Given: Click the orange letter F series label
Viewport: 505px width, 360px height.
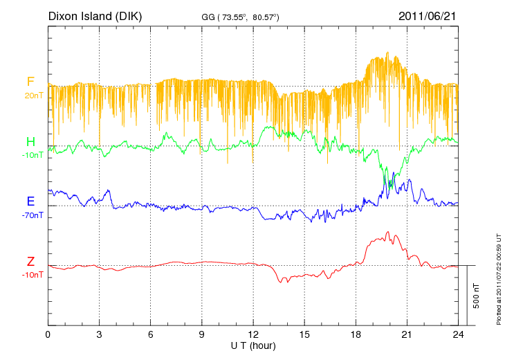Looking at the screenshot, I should pos(30,82).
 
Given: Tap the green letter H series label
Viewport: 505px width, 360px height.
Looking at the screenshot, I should pos(30,142).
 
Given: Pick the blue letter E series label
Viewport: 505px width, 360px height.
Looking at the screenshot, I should pos(30,201).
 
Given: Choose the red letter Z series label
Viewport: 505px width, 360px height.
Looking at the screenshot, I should pos(30,261).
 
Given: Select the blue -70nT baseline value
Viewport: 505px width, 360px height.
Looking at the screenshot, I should pos(33,215).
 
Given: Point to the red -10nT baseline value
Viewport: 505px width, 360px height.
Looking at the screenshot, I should pos(33,275).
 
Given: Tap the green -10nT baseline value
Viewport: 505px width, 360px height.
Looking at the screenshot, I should pos(33,156).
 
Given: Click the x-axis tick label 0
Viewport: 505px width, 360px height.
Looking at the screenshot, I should pos(48,335).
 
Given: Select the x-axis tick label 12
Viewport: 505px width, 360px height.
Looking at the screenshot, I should pos(253,335).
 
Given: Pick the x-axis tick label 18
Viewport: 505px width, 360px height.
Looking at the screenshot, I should pos(356,335).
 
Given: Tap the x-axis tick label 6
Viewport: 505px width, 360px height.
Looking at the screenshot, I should pos(150,335).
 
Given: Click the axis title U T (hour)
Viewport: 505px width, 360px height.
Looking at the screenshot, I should pos(253,345).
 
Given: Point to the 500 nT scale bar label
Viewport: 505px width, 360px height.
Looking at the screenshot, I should pos(477,296).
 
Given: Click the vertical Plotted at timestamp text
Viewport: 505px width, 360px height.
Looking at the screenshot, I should pos(498,277).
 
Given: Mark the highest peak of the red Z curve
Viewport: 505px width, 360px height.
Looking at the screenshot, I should pos(388,232).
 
